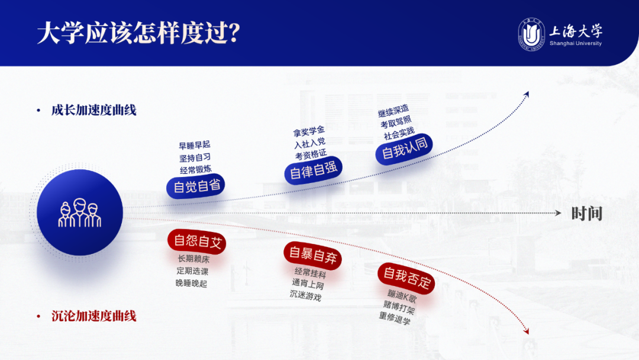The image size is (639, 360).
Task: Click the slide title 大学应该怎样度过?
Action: point(138,34)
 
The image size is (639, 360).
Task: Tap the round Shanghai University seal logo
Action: point(531,34)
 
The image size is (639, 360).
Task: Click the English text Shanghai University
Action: point(575,44)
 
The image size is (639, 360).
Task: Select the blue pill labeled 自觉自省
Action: point(196,186)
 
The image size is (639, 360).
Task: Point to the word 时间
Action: point(586,214)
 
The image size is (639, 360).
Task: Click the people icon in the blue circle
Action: point(80,214)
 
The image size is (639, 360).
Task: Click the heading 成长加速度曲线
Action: point(93,110)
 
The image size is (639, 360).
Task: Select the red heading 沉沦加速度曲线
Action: point(93,316)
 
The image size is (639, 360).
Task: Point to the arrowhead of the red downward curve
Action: point(526,332)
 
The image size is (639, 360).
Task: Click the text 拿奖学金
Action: point(309,130)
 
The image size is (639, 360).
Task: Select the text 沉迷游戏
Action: point(305,295)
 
